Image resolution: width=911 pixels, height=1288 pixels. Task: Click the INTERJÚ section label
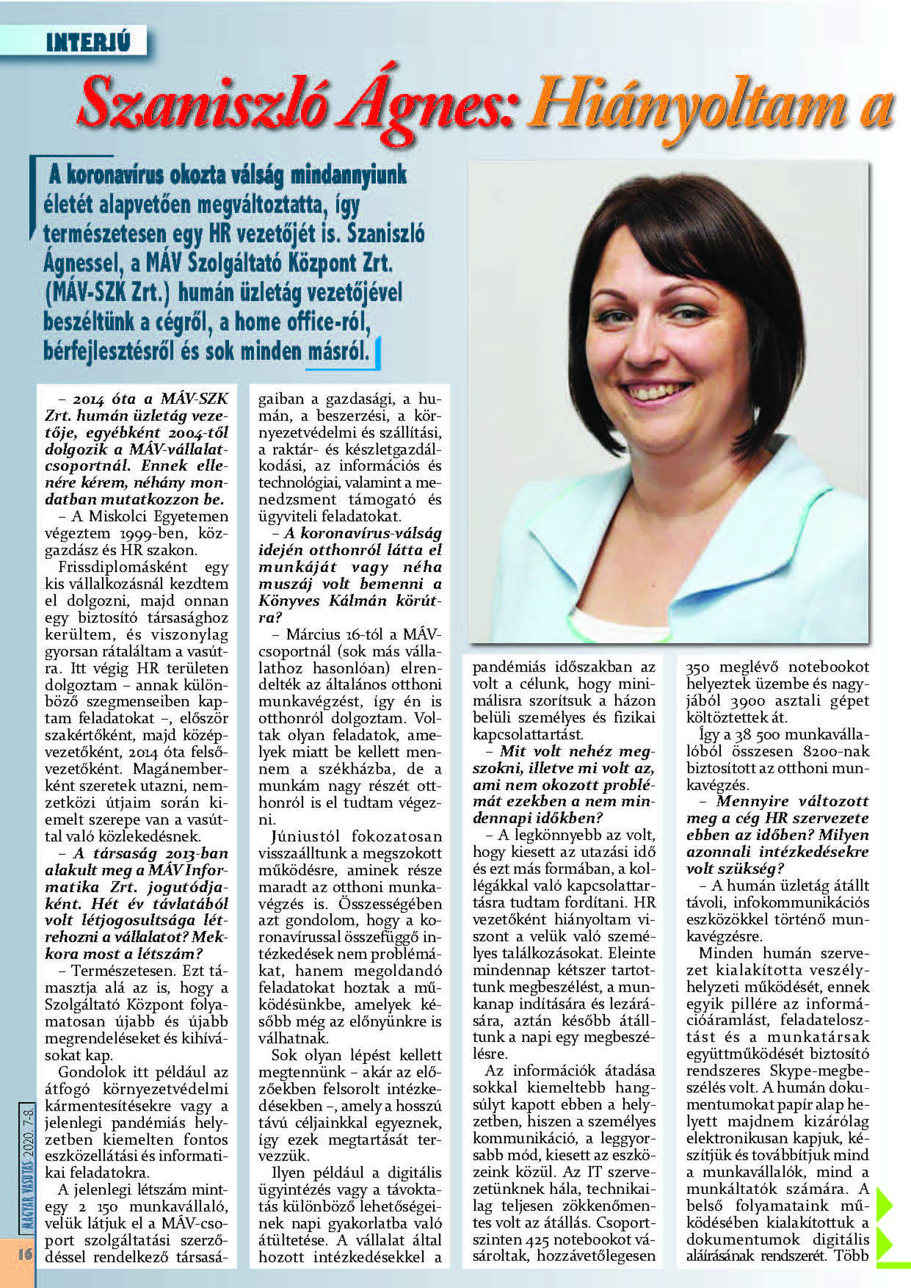[x=88, y=42]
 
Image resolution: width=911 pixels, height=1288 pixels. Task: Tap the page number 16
[x=25, y=1253]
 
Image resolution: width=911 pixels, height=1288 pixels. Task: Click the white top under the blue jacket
[x=619, y=625]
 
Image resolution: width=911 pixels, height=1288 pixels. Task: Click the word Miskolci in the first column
[x=118, y=516]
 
